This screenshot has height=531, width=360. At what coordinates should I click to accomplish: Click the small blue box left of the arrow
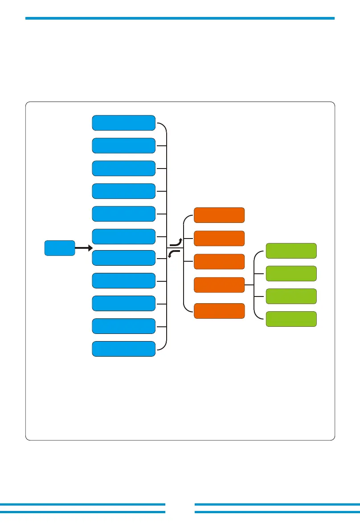(x=59, y=248)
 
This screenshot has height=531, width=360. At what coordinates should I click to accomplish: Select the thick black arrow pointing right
(x=83, y=248)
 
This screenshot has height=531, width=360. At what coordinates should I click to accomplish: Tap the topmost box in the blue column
(x=123, y=123)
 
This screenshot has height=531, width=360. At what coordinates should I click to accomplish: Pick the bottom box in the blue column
(x=123, y=349)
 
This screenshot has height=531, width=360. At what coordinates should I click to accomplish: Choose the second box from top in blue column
(x=123, y=145)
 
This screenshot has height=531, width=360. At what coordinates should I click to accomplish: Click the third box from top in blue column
(x=123, y=168)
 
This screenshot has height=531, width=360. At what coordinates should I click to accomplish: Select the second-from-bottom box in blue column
(x=123, y=326)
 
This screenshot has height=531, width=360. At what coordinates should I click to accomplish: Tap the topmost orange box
(x=219, y=215)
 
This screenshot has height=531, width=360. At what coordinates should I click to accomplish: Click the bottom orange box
(x=219, y=311)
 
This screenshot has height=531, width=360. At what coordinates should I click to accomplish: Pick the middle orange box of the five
(x=219, y=261)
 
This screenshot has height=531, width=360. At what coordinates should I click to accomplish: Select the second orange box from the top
(x=219, y=238)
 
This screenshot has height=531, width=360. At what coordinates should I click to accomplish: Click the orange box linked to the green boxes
(x=219, y=285)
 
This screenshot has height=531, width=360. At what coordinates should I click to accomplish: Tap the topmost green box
(x=291, y=251)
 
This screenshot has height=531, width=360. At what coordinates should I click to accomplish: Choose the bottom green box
(x=291, y=319)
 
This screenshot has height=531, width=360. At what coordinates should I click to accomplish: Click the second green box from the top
(x=291, y=273)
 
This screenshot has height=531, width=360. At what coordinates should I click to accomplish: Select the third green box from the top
(x=291, y=296)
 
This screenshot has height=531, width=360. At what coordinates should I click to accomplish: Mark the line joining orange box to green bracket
(x=249, y=285)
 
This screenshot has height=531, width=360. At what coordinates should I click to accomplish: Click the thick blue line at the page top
(x=180, y=18)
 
